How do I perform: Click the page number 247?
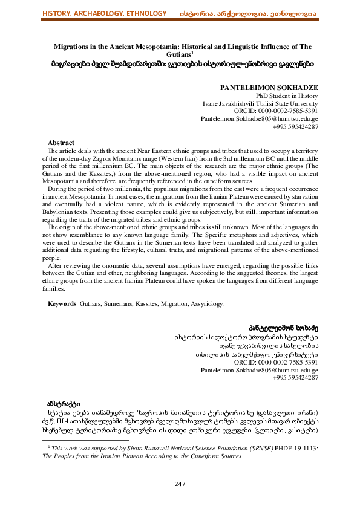tap(180, 484)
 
